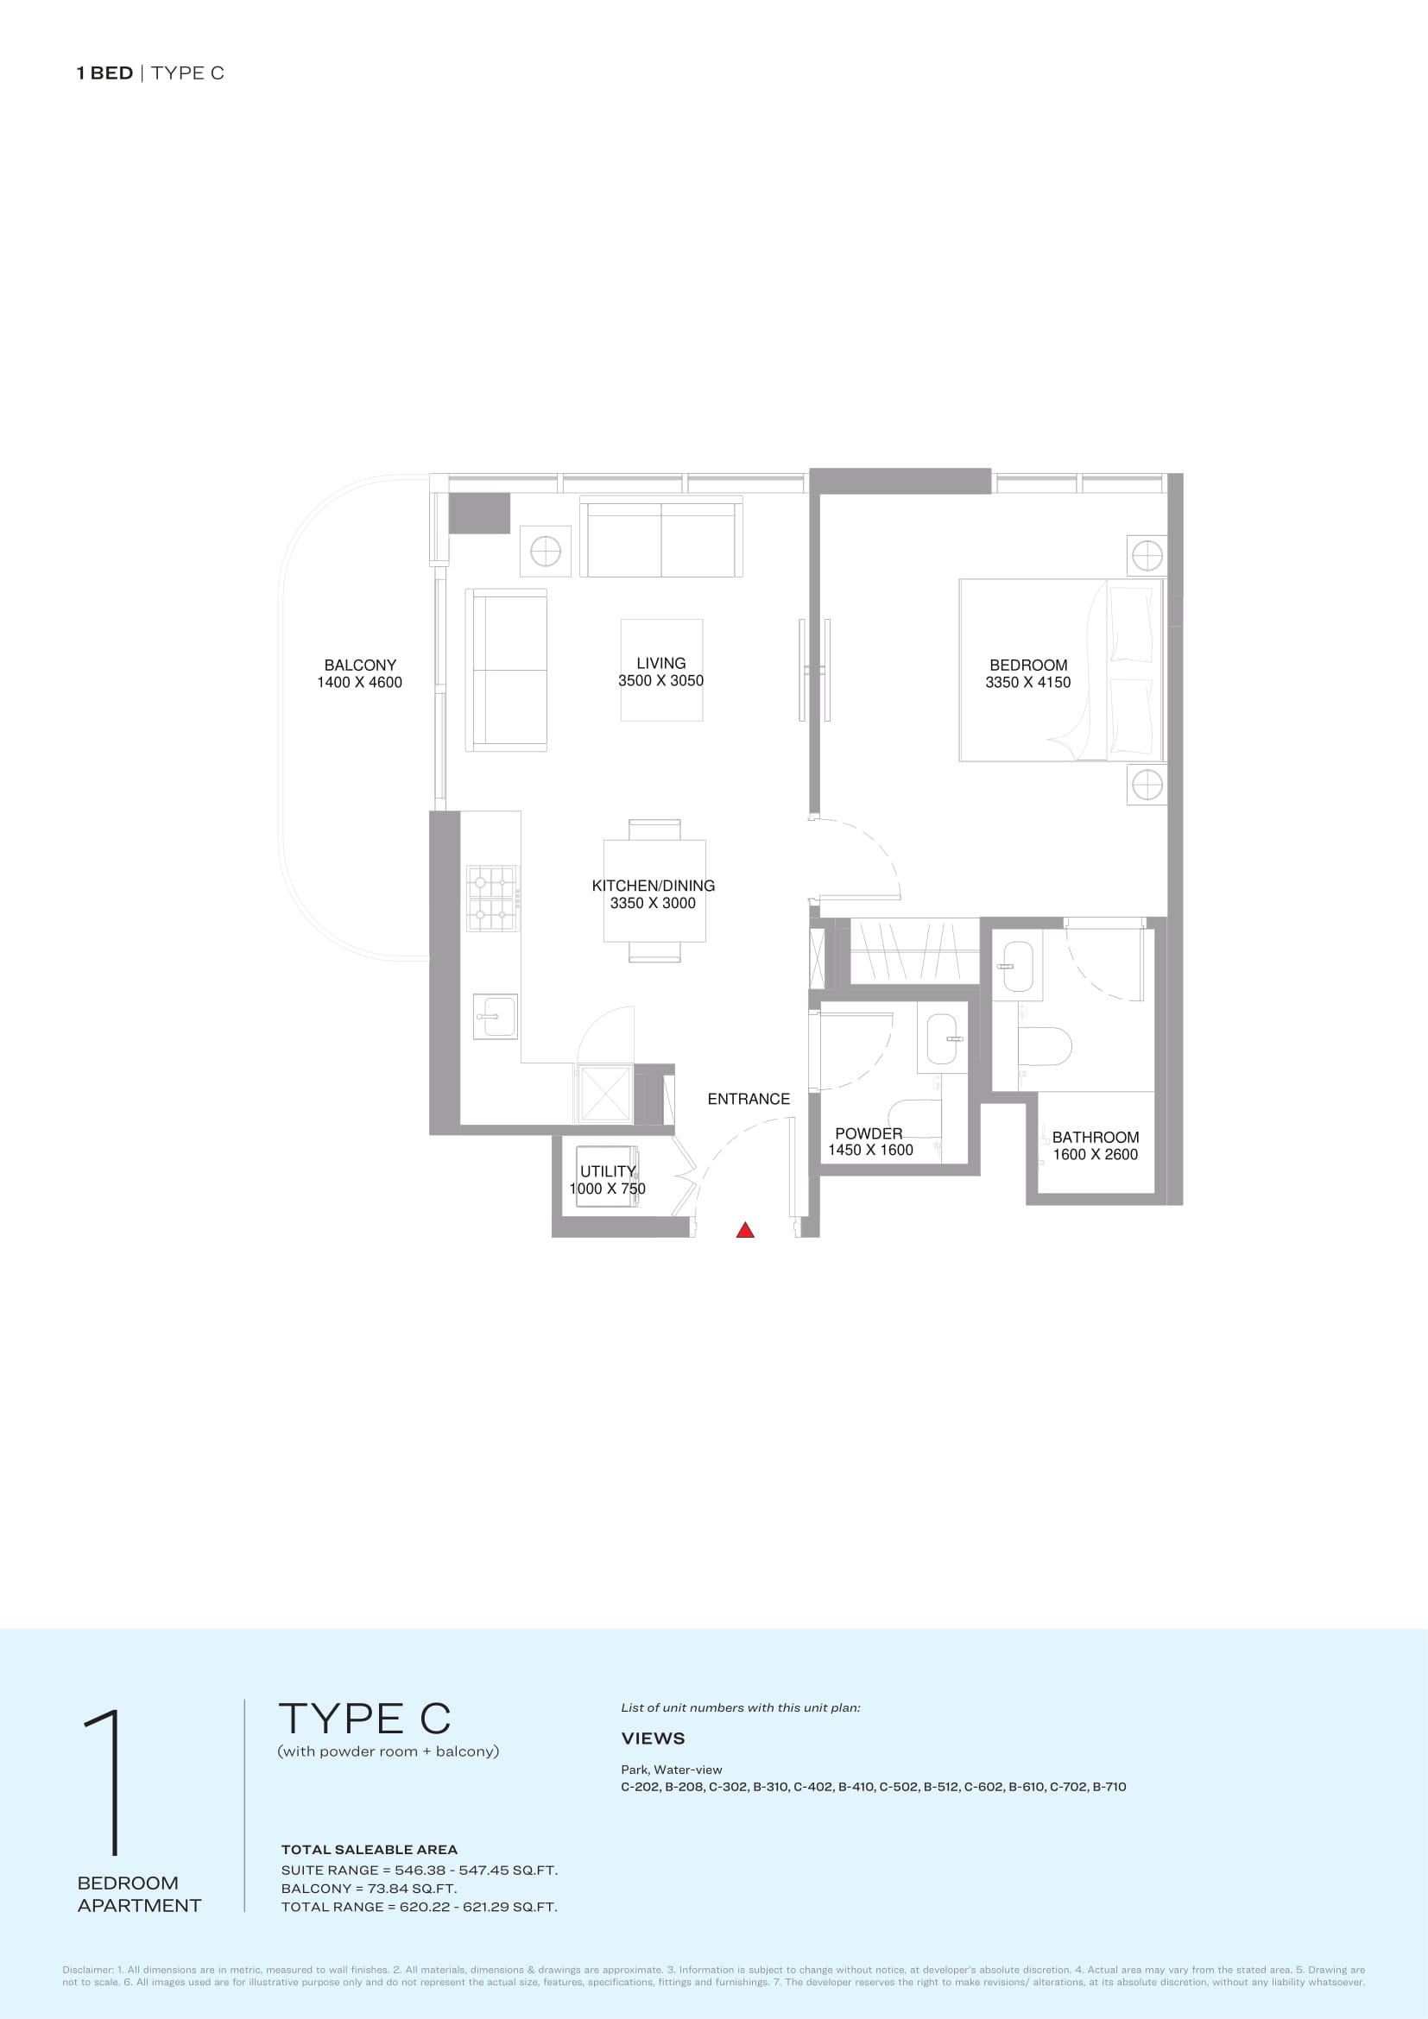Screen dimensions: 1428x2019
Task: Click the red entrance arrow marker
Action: [745, 1230]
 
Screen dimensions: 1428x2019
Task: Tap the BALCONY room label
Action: [360, 665]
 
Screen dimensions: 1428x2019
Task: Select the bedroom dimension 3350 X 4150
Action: [1028, 683]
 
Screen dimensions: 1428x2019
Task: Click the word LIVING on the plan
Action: [661, 663]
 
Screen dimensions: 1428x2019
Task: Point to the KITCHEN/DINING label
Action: [654, 886]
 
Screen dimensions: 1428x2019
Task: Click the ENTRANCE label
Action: [749, 1098]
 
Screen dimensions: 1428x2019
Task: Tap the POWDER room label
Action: [869, 1133]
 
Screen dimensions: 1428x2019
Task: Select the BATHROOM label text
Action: [1096, 1137]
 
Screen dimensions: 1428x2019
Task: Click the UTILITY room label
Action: [608, 1171]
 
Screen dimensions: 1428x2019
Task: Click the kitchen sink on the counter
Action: [495, 1017]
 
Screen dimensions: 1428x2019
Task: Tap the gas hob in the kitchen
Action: [492, 898]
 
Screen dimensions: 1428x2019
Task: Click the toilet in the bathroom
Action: [1044, 1046]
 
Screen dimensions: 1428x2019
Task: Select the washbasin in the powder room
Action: [942, 1038]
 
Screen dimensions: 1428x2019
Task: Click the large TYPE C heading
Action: [365, 1719]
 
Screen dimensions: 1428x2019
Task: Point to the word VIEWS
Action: [654, 1738]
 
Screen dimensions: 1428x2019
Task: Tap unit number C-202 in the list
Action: [640, 1786]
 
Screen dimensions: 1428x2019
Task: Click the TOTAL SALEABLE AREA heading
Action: [370, 1849]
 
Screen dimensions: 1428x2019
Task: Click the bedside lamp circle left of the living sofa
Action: [545, 552]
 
